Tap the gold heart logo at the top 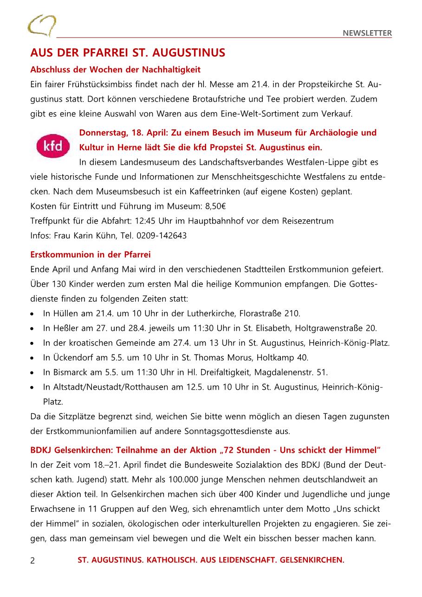(x=42, y=25)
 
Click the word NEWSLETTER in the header (x=367, y=33)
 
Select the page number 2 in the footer (x=32, y=560)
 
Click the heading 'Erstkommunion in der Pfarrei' (x=91, y=255)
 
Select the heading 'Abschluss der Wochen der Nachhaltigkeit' (x=115, y=70)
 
